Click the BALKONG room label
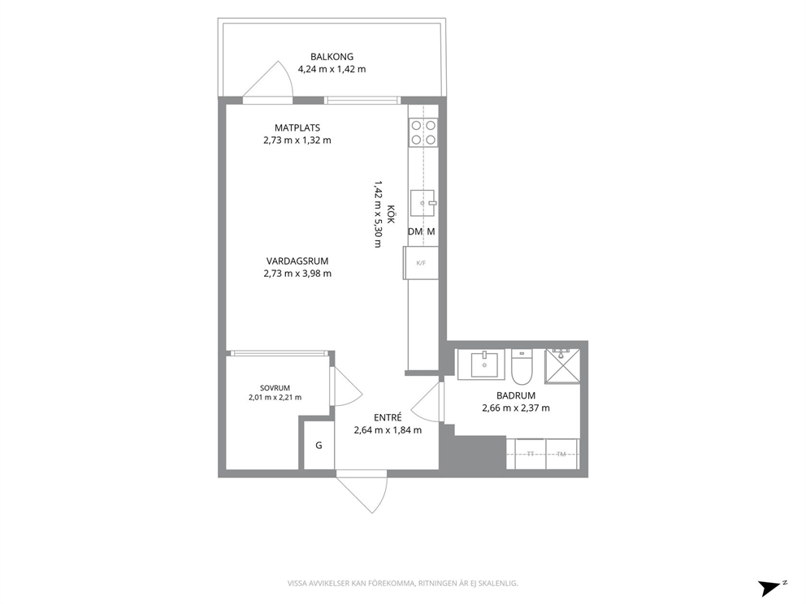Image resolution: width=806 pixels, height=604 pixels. coord(331,57)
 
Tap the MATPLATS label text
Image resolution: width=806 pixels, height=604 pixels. coord(297,127)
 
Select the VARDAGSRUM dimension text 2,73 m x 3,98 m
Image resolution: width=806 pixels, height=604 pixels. coord(297,274)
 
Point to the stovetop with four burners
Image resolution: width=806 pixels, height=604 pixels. coord(423,132)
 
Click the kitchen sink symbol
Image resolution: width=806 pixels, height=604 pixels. coord(423,203)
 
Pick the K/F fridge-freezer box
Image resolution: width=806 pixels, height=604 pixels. coord(421,263)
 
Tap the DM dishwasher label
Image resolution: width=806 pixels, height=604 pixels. coord(415,231)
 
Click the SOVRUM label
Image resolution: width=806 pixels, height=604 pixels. coord(275,388)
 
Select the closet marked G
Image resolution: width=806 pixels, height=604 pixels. coord(318,446)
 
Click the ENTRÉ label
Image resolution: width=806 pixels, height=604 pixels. coord(388,417)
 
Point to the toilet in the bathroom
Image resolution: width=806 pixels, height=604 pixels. coord(522,367)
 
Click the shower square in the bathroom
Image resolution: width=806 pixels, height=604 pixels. coord(562,365)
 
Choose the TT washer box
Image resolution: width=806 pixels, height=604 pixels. coord(530,454)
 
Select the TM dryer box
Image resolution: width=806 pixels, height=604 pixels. coord(561,454)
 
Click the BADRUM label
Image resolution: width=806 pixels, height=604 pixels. coord(516,395)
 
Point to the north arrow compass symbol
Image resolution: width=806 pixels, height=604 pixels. coord(771,588)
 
